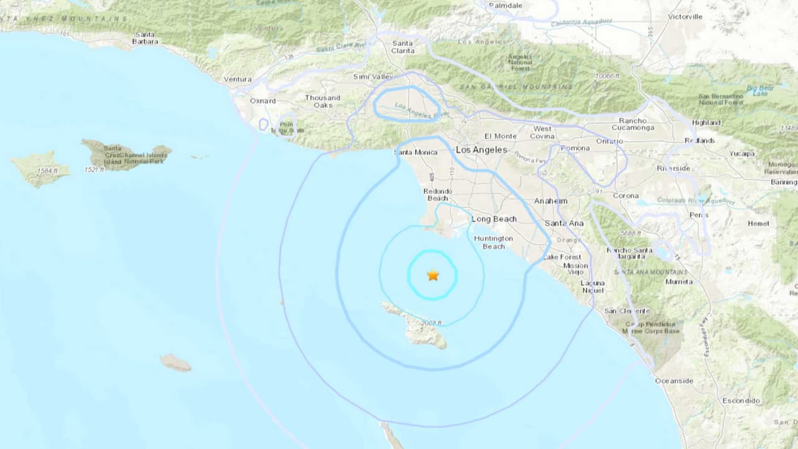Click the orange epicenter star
point(433,275)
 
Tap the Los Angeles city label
point(481,150)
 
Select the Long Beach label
point(494,219)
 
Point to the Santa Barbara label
point(145,38)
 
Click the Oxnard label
point(262,100)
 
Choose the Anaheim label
point(551,201)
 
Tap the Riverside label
point(673,168)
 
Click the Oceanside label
point(674,380)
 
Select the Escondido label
point(741,400)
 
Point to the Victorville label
point(685,17)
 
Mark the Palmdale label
point(506,5)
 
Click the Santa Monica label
point(415,152)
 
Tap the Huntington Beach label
point(493,242)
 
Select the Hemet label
point(759,223)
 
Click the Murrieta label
point(679,281)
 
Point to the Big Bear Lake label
point(760,90)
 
